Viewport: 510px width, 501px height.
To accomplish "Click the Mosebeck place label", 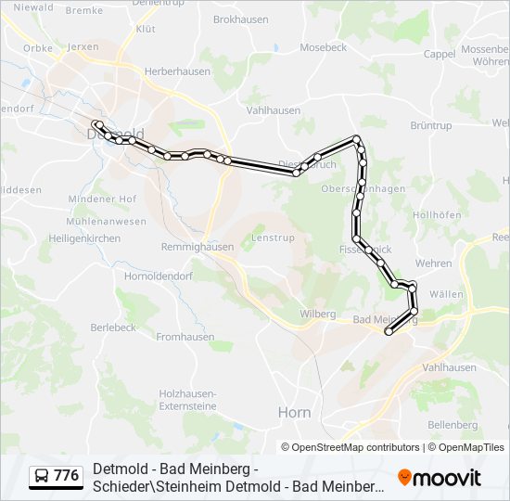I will click(x=323, y=46).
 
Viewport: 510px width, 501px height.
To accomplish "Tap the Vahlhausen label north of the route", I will click(x=274, y=109).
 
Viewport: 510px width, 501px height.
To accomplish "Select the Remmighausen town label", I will click(x=197, y=247).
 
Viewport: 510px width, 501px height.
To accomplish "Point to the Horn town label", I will click(x=294, y=412).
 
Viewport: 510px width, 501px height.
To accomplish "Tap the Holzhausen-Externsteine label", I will click(x=187, y=399).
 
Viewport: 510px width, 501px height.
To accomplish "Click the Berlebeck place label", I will click(x=113, y=328).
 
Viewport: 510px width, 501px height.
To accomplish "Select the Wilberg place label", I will click(x=317, y=314).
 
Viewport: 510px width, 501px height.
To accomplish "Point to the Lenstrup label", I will click(x=272, y=238).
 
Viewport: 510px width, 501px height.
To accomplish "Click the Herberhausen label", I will click(x=173, y=71).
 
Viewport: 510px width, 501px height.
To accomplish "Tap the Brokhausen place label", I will click(x=241, y=19).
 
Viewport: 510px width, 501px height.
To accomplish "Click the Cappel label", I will click(x=439, y=54).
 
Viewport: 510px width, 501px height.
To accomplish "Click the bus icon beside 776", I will click(x=42, y=477).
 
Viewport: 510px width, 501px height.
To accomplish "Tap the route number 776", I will click(x=67, y=476).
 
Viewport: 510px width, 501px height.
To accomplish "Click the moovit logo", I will click(x=440, y=478).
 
